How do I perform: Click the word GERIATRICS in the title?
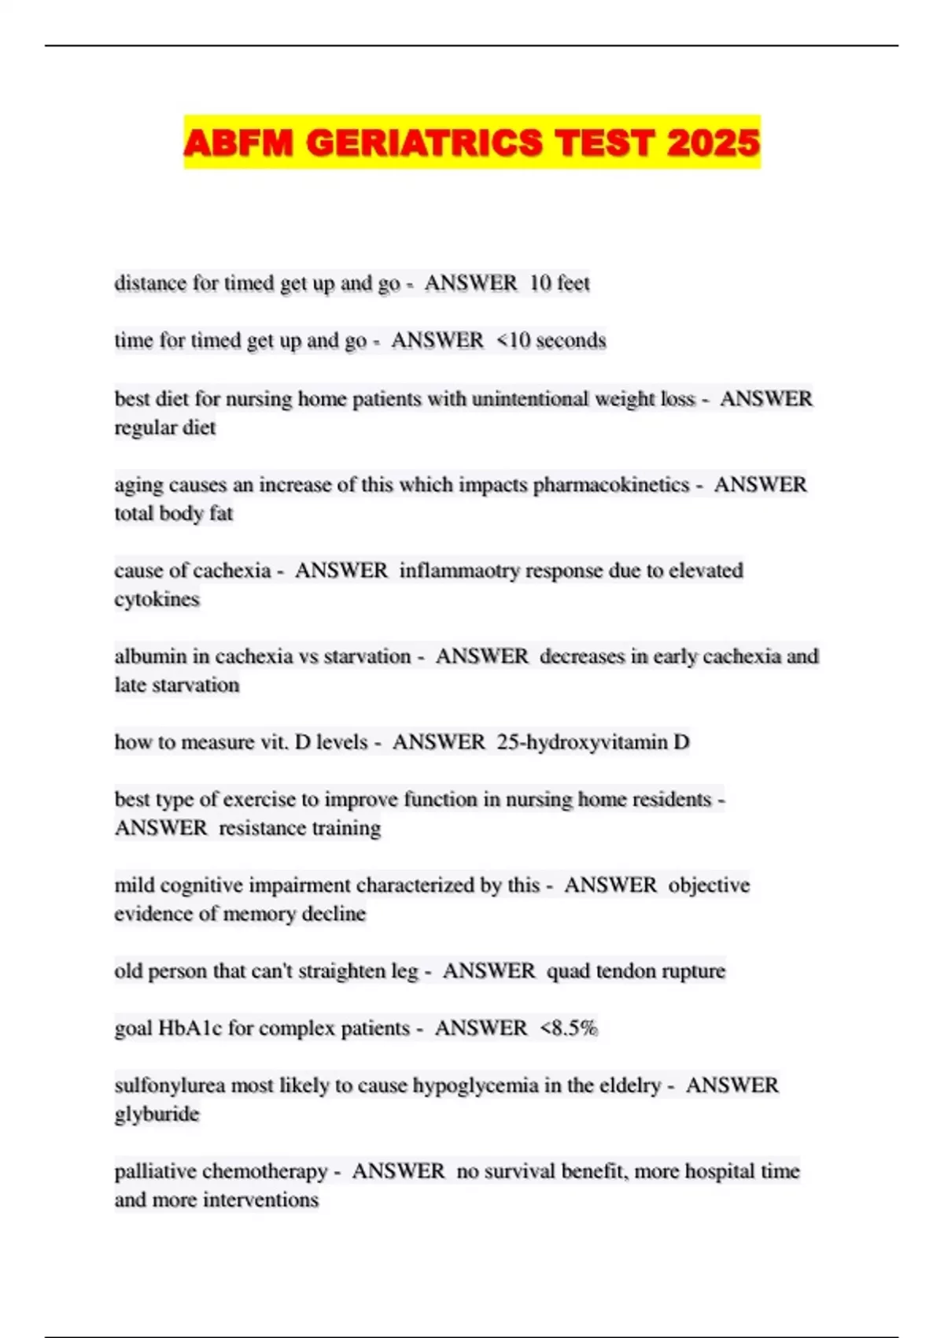pos(424,142)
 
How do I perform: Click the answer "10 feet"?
pos(559,283)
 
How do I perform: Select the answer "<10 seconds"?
pos(551,340)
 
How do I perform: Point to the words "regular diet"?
pos(165,427)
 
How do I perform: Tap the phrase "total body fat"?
pos(174,513)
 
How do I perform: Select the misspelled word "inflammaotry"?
pos(459,570)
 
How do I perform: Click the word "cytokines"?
pos(157,599)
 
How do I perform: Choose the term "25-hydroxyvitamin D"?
pos(593,741)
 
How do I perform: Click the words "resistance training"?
pos(300,828)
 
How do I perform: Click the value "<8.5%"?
pos(569,1028)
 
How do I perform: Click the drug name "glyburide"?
pos(157,1114)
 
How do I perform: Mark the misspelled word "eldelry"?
pos(628,1085)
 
